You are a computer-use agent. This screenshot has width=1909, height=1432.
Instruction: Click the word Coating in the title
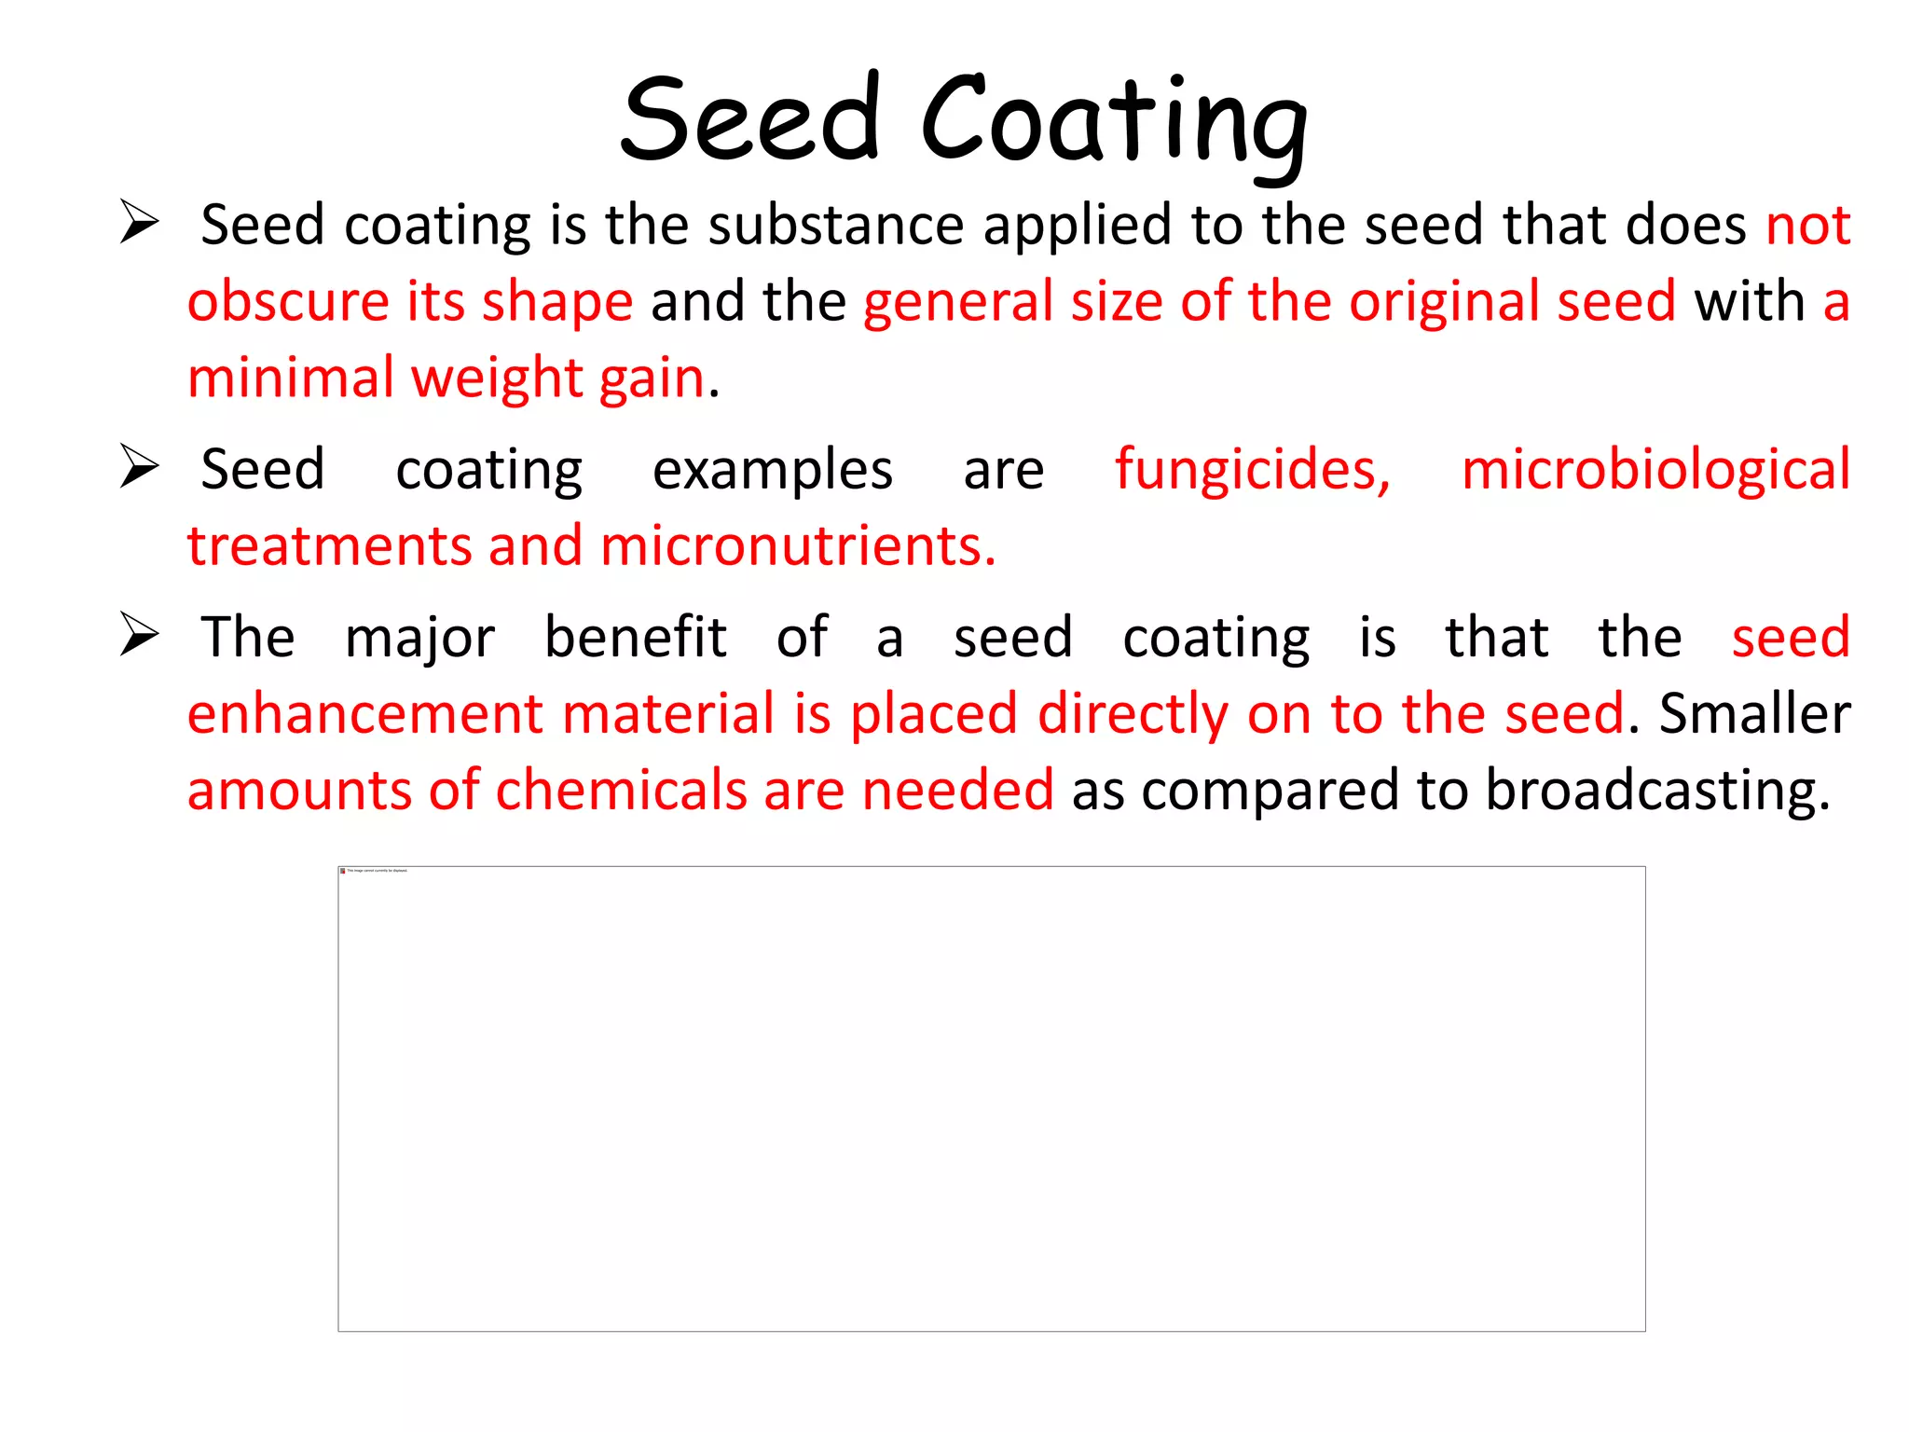coord(1114,121)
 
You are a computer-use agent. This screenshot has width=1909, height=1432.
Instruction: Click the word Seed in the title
coord(750,121)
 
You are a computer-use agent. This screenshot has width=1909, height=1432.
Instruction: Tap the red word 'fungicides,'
coord(1253,469)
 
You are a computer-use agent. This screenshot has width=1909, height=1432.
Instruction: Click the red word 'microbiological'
coord(1655,469)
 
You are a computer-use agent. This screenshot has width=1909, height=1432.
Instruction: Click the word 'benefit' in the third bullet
coord(636,638)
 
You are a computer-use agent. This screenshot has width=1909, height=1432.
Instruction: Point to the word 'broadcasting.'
coord(1657,791)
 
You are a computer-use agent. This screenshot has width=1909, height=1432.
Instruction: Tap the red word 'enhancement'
coord(364,714)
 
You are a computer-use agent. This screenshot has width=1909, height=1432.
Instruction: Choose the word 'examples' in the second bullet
coord(773,469)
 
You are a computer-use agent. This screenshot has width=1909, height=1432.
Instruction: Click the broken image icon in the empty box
coord(343,871)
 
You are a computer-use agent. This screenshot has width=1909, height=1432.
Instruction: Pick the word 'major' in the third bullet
coord(419,638)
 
